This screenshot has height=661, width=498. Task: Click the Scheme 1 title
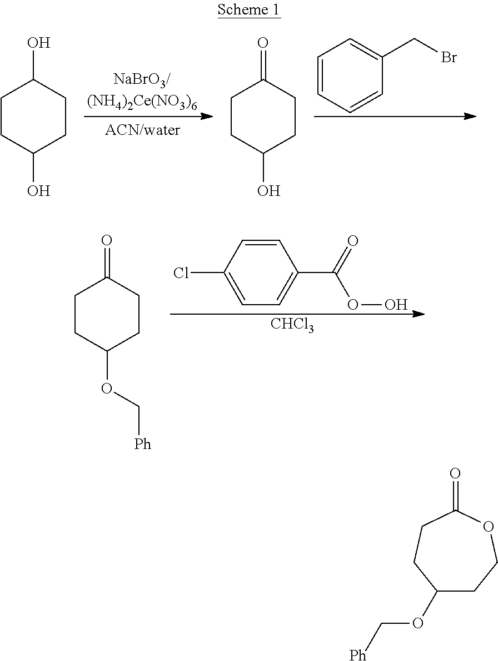249,10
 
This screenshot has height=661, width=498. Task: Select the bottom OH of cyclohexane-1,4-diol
38,191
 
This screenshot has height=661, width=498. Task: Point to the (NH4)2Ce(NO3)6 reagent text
142,102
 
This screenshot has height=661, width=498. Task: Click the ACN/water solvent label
142,131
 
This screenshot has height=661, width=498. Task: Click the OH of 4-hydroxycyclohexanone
268,191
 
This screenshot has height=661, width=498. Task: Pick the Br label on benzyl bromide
449,57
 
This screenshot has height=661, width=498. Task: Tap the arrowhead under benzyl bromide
470,117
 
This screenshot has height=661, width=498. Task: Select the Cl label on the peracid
181,273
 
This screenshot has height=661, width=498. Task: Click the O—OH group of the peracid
378,305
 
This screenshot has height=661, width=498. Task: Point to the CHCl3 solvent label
292,325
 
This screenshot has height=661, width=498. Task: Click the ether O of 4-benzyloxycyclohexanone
107,388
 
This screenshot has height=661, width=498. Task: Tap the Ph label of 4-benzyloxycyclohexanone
142,444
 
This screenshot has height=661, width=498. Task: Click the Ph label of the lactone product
358,655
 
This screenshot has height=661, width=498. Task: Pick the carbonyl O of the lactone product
455,473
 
